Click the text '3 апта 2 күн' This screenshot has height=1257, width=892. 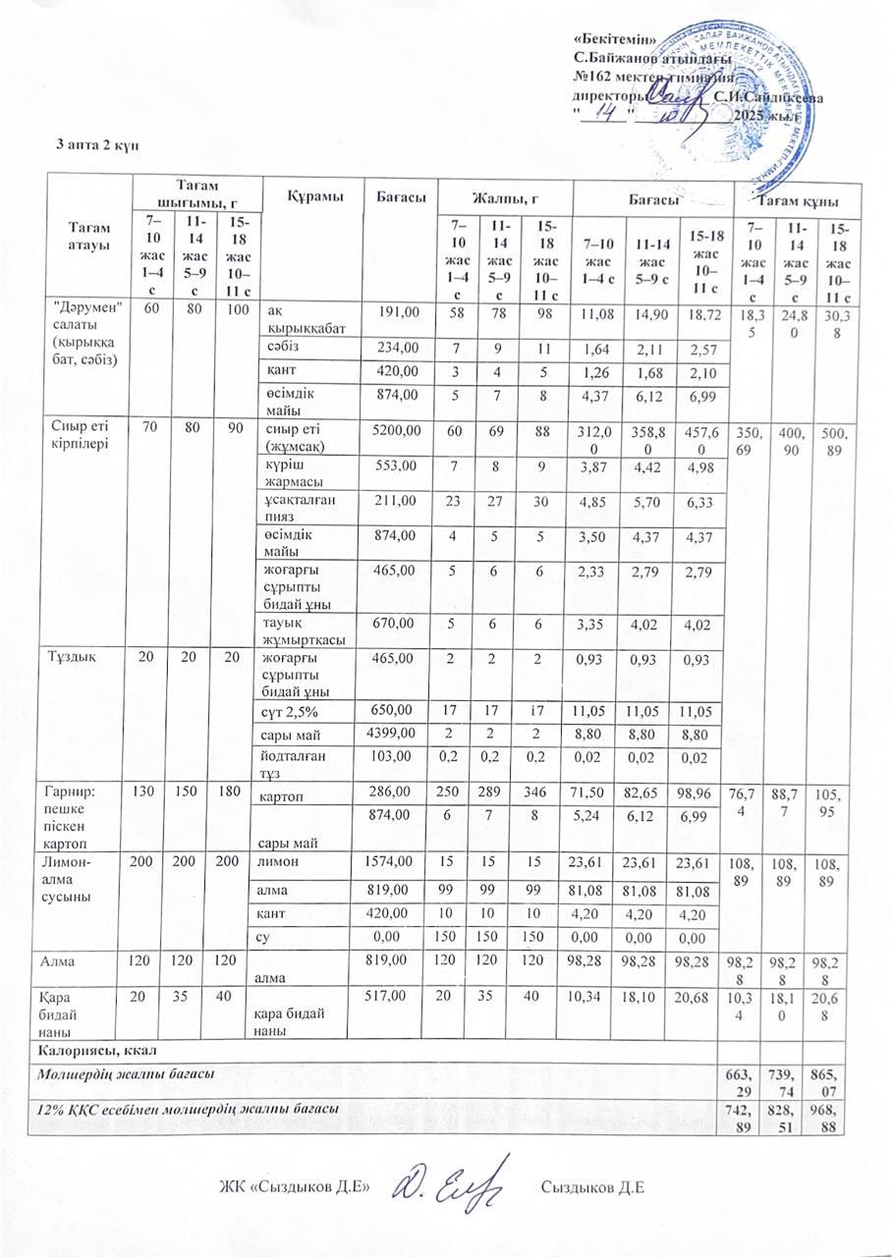click(98, 144)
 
